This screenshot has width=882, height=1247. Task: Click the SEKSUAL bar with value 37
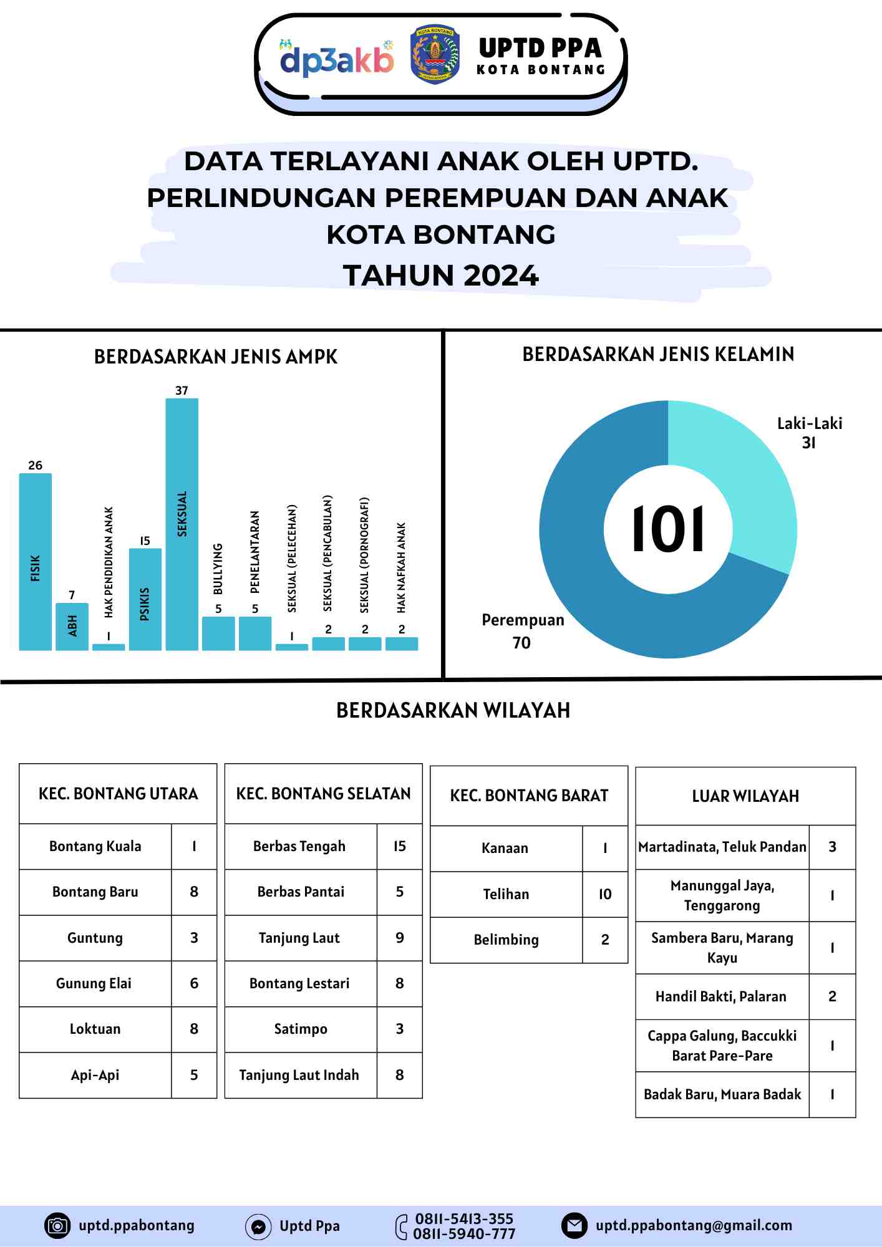pos(182,524)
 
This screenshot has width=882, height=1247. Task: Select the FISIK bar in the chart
pos(36,561)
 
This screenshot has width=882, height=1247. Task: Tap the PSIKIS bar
pos(145,599)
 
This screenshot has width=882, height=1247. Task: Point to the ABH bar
pos(72,626)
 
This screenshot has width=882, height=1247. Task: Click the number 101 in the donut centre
pos(668,529)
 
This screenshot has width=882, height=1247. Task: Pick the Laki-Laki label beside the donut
pos(810,424)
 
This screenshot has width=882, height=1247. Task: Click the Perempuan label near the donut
pos(523,620)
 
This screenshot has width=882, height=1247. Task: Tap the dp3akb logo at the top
pos(337,59)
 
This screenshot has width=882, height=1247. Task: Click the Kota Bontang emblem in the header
pos(435,55)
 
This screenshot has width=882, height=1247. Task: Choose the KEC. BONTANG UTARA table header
pos(118,794)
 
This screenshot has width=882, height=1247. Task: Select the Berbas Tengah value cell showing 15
pos(400,846)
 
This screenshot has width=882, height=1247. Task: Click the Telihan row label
pos(506,894)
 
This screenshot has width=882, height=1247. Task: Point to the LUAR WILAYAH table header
pos(745,796)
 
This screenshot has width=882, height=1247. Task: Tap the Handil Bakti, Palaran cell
pos(721,996)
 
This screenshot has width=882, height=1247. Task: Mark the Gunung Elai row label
pos(94,983)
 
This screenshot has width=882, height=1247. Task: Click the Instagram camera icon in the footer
pos(57,1225)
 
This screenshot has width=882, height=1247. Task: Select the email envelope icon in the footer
pos(574,1225)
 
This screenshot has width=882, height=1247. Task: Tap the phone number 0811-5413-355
pos(464,1219)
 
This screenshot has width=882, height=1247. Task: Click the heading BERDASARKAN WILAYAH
pos(453,710)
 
